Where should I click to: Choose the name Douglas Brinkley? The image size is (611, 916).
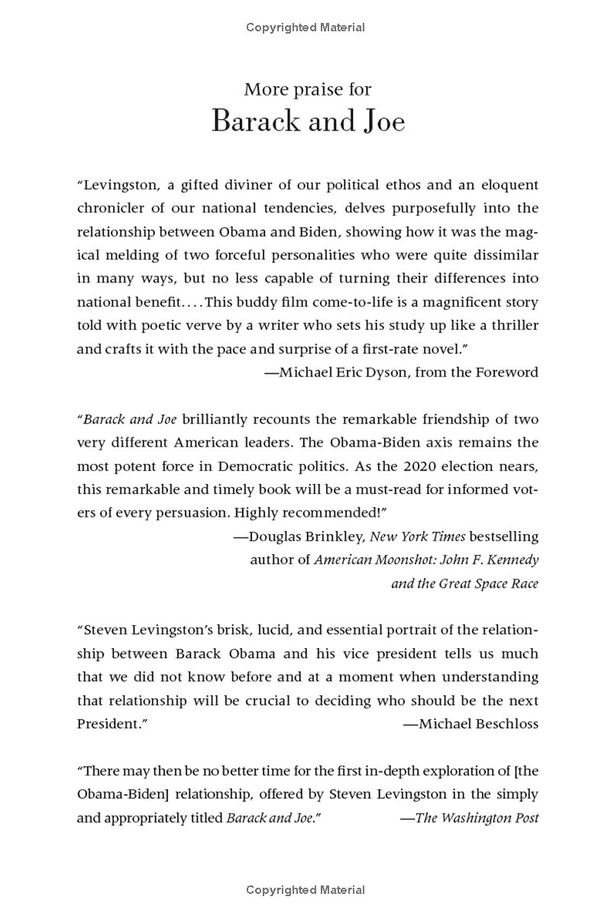[x=305, y=537]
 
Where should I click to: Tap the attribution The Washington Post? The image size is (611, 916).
[x=477, y=818]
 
